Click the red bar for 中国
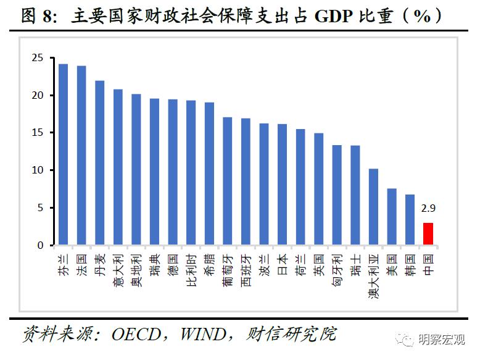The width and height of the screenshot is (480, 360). click(x=428, y=234)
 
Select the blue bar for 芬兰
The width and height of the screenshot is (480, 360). click(x=63, y=154)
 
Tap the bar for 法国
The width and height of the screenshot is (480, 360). click(x=81, y=156)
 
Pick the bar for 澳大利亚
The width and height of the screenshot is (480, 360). click(x=373, y=207)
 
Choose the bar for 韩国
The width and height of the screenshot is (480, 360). click(x=410, y=220)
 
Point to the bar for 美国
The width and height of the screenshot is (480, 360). click(x=392, y=217)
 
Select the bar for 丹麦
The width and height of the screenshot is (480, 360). click(x=99, y=163)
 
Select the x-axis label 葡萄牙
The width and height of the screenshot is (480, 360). click(x=228, y=268)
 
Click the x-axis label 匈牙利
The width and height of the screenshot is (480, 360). click(x=337, y=267)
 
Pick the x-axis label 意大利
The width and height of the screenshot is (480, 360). click(x=118, y=267)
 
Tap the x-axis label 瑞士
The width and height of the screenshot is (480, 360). click(x=355, y=262)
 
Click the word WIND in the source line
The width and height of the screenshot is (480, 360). click(x=204, y=334)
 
